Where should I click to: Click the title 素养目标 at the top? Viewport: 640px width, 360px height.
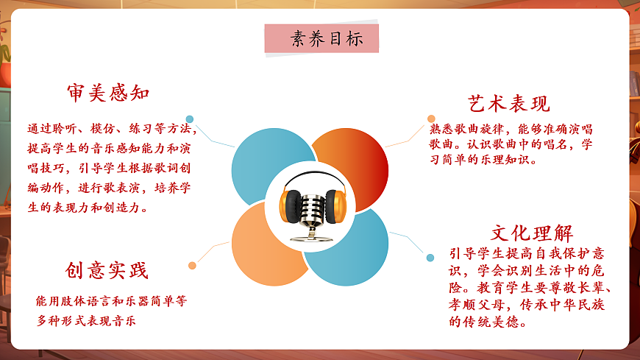[321, 38]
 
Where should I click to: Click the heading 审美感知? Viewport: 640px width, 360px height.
[108, 93]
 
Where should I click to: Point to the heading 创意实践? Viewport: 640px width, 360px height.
[107, 271]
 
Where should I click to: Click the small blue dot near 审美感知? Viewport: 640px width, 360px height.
[190, 119]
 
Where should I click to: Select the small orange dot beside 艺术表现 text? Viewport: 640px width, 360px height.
[431, 119]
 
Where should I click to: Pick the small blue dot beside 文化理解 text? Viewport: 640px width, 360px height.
[430, 258]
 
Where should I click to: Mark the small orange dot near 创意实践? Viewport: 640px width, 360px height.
[192, 265]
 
